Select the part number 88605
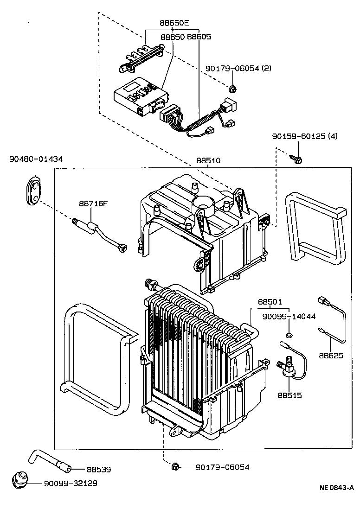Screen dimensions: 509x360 tap(199, 36)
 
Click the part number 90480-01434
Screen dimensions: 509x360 tap(36, 159)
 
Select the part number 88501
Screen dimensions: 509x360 tap(270, 302)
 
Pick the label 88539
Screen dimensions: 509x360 tap(99, 469)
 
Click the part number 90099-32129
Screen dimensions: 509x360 tap(71, 483)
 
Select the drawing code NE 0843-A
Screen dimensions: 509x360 tap(336, 487)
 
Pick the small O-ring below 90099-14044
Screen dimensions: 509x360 tap(289, 335)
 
